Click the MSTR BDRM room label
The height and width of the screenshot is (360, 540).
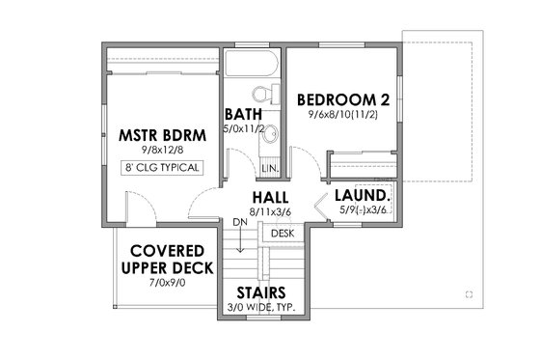(x=163, y=134)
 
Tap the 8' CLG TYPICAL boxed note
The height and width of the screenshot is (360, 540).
(x=163, y=167)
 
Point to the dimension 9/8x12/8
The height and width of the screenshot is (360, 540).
(x=163, y=150)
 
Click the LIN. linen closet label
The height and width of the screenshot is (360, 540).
(x=271, y=168)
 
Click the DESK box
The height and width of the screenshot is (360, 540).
(x=282, y=233)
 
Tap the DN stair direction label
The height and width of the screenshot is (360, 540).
(x=240, y=223)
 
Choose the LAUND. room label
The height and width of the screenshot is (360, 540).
(x=362, y=193)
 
